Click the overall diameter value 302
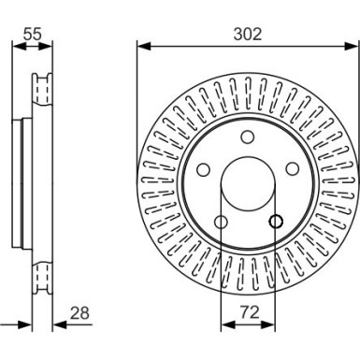[247, 34]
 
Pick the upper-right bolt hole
[292, 168]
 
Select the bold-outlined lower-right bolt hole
[275, 222]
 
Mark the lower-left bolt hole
[220, 222]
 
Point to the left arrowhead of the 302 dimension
[142, 46]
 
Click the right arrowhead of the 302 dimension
[353, 46]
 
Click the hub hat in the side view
[23, 183]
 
